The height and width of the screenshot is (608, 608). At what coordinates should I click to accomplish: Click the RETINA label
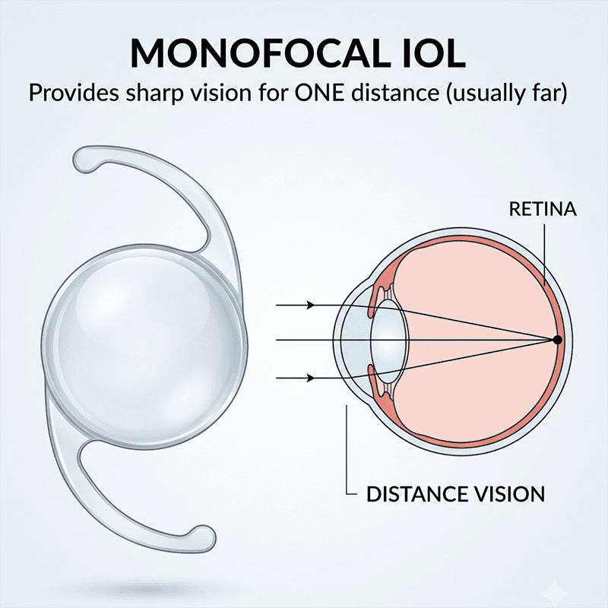[x=543, y=210]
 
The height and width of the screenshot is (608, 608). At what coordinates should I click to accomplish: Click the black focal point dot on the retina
[x=557, y=340]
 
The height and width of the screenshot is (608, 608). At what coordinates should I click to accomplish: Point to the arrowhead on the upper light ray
[x=311, y=306]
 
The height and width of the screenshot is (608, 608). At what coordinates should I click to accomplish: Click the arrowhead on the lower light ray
[x=311, y=378]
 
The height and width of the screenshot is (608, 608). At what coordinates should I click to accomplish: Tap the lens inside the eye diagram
[x=389, y=340]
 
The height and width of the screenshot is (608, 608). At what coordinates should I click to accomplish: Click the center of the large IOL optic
[x=144, y=345]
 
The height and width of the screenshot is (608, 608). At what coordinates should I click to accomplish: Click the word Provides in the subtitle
[x=74, y=93]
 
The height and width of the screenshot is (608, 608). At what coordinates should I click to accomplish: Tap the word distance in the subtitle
[x=394, y=93]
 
